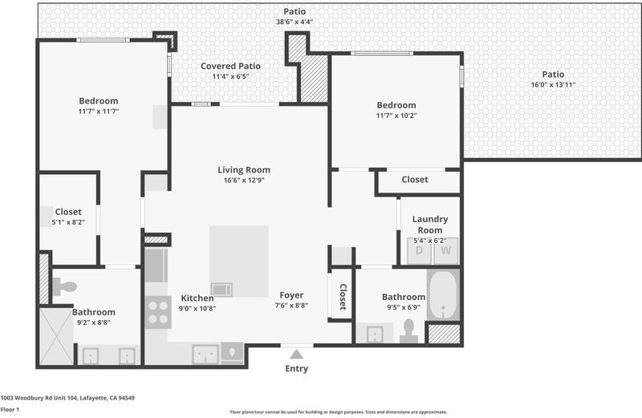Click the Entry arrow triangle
[x=296, y=354]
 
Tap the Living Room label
[x=244, y=170]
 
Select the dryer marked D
[x=419, y=250]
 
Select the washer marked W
[x=446, y=250]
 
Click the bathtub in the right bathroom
[x=443, y=294]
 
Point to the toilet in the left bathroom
[x=65, y=286]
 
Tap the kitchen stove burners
[x=158, y=312]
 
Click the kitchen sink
[x=205, y=354]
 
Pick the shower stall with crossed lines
[x=56, y=336]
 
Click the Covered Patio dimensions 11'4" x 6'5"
[x=230, y=76]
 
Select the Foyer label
[x=291, y=295]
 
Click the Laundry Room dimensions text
[x=429, y=241]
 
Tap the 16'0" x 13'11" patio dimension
[x=553, y=85]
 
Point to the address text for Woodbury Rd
[x=67, y=397]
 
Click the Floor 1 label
[x=10, y=409]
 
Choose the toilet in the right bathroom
[x=408, y=331]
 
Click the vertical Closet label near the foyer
[x=343, y=297]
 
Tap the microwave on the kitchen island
[x=221, y=290]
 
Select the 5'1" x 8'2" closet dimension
[x=68, y=222]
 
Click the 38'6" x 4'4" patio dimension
[x=295, y=22]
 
